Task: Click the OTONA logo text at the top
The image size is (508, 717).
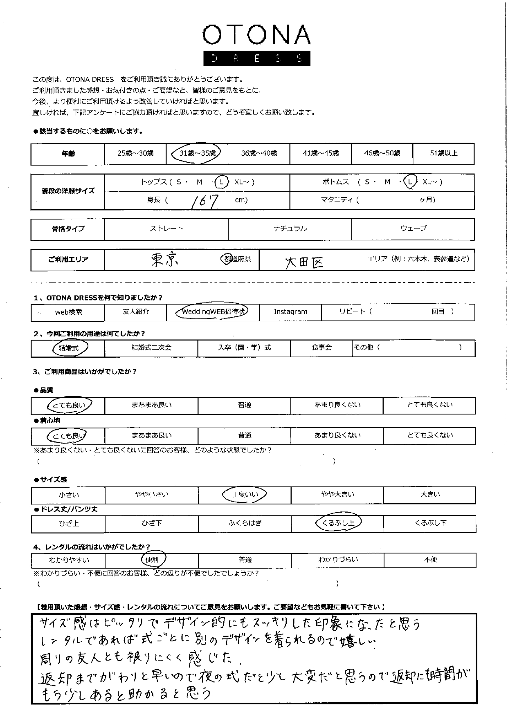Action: pos(256,35)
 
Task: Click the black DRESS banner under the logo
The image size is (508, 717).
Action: pos(256,58)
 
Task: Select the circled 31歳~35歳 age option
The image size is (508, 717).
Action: pos(197,153)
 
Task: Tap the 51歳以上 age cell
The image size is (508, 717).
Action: pos(443,153)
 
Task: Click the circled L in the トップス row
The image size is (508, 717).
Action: pos(221,182)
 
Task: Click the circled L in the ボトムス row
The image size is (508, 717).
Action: pos(411,182)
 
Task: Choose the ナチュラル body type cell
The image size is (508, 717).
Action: pos(290,229)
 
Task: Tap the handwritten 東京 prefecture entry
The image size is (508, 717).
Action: pos(164,260)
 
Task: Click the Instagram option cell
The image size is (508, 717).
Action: pos(290,312)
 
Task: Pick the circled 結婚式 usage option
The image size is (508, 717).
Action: pos(69,348)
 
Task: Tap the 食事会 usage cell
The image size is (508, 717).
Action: pos(321,348)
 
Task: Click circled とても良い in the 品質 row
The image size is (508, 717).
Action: pos(69,405)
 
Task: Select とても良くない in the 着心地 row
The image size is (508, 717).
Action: pos(429,435)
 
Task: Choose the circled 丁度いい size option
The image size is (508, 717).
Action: pos(245,495)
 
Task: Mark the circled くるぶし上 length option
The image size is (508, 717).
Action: pos(338,523)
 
